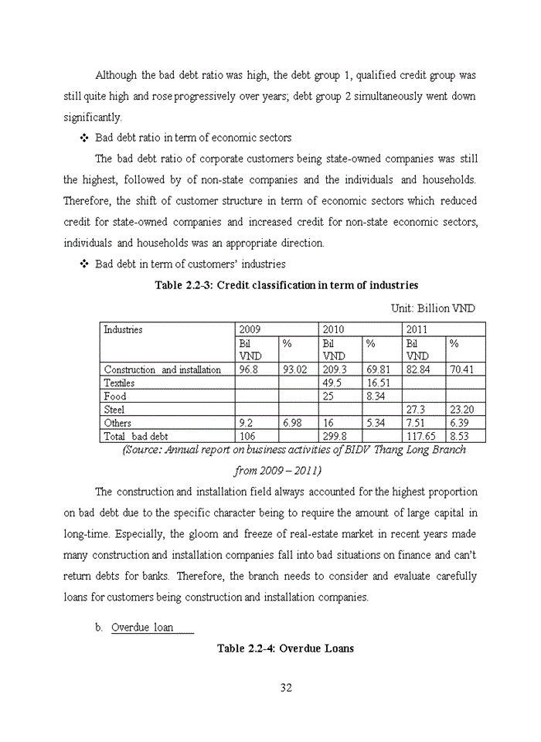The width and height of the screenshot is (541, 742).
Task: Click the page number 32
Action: (285, 688)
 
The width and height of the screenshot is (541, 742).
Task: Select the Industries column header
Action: (124, 329)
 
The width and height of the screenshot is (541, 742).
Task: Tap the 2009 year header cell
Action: (250, 329)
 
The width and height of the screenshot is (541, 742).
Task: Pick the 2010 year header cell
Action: (333, 329)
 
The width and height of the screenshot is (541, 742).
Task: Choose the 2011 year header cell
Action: (417, 329)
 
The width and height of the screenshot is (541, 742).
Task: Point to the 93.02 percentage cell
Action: (296, 369)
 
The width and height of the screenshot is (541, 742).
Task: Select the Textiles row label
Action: (119, 383)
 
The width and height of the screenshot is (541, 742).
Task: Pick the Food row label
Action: (115, 397)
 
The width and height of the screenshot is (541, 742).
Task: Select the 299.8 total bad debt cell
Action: (334, 437)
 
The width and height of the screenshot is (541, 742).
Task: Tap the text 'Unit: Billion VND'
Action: (433, 308)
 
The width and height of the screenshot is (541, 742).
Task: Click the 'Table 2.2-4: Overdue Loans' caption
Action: (285, 648)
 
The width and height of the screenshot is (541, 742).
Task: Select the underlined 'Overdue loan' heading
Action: (142, 627)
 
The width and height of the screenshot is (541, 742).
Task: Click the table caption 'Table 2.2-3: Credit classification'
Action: (286, 285)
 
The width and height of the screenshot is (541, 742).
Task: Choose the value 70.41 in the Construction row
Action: (464, 369)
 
